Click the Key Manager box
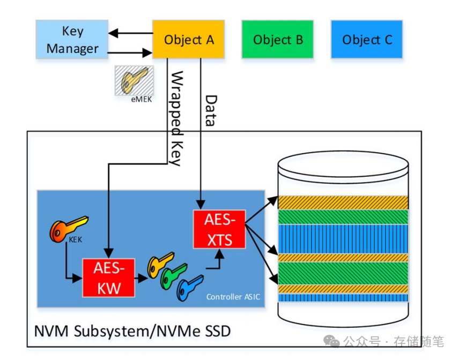coord(72,40)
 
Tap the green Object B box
coord(278,40)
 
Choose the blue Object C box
coord(367,40)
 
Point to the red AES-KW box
coord(108,278)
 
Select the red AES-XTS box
coord(219,229)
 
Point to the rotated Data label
coord(211,110)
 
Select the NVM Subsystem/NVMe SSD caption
coord(132,331)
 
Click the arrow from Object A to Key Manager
coord(130,33)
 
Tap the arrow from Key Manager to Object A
coord(130,52)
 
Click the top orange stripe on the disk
coord(343,202)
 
